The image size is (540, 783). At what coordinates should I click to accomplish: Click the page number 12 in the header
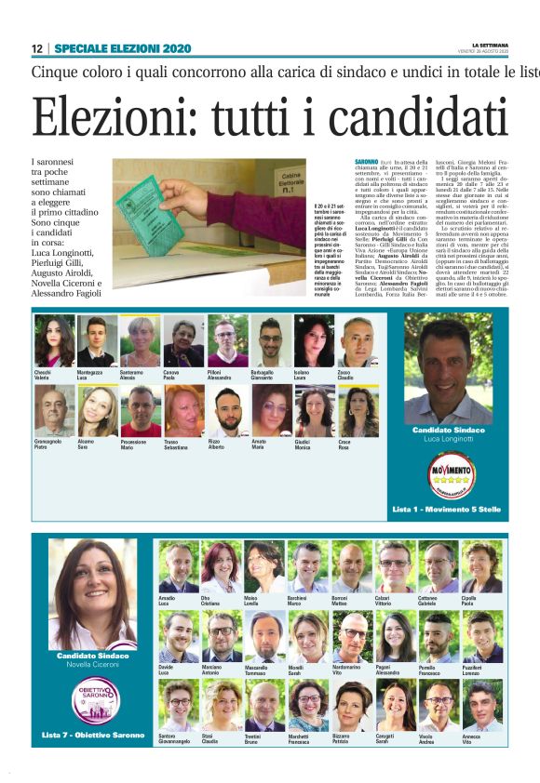coord(36,48)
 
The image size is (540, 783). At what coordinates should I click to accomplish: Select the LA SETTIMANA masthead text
coord(490,44)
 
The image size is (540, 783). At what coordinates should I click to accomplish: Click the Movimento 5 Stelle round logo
coord(450,476)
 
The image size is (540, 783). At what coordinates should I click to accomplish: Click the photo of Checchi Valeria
coord(55,341)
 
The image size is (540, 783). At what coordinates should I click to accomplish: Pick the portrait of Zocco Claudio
coord(358,341)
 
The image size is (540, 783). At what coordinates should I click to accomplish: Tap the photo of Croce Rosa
coord(358,411)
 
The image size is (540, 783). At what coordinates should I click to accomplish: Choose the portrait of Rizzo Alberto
coord(227,411)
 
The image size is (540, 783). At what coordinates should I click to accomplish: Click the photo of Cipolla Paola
coord(482,567)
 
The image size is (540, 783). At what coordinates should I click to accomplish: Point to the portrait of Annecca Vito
coord(482,706)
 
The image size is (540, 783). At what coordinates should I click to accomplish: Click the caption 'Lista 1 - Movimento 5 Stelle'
coord(446,510)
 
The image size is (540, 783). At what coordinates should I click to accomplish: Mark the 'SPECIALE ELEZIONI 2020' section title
coord(123,48)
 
